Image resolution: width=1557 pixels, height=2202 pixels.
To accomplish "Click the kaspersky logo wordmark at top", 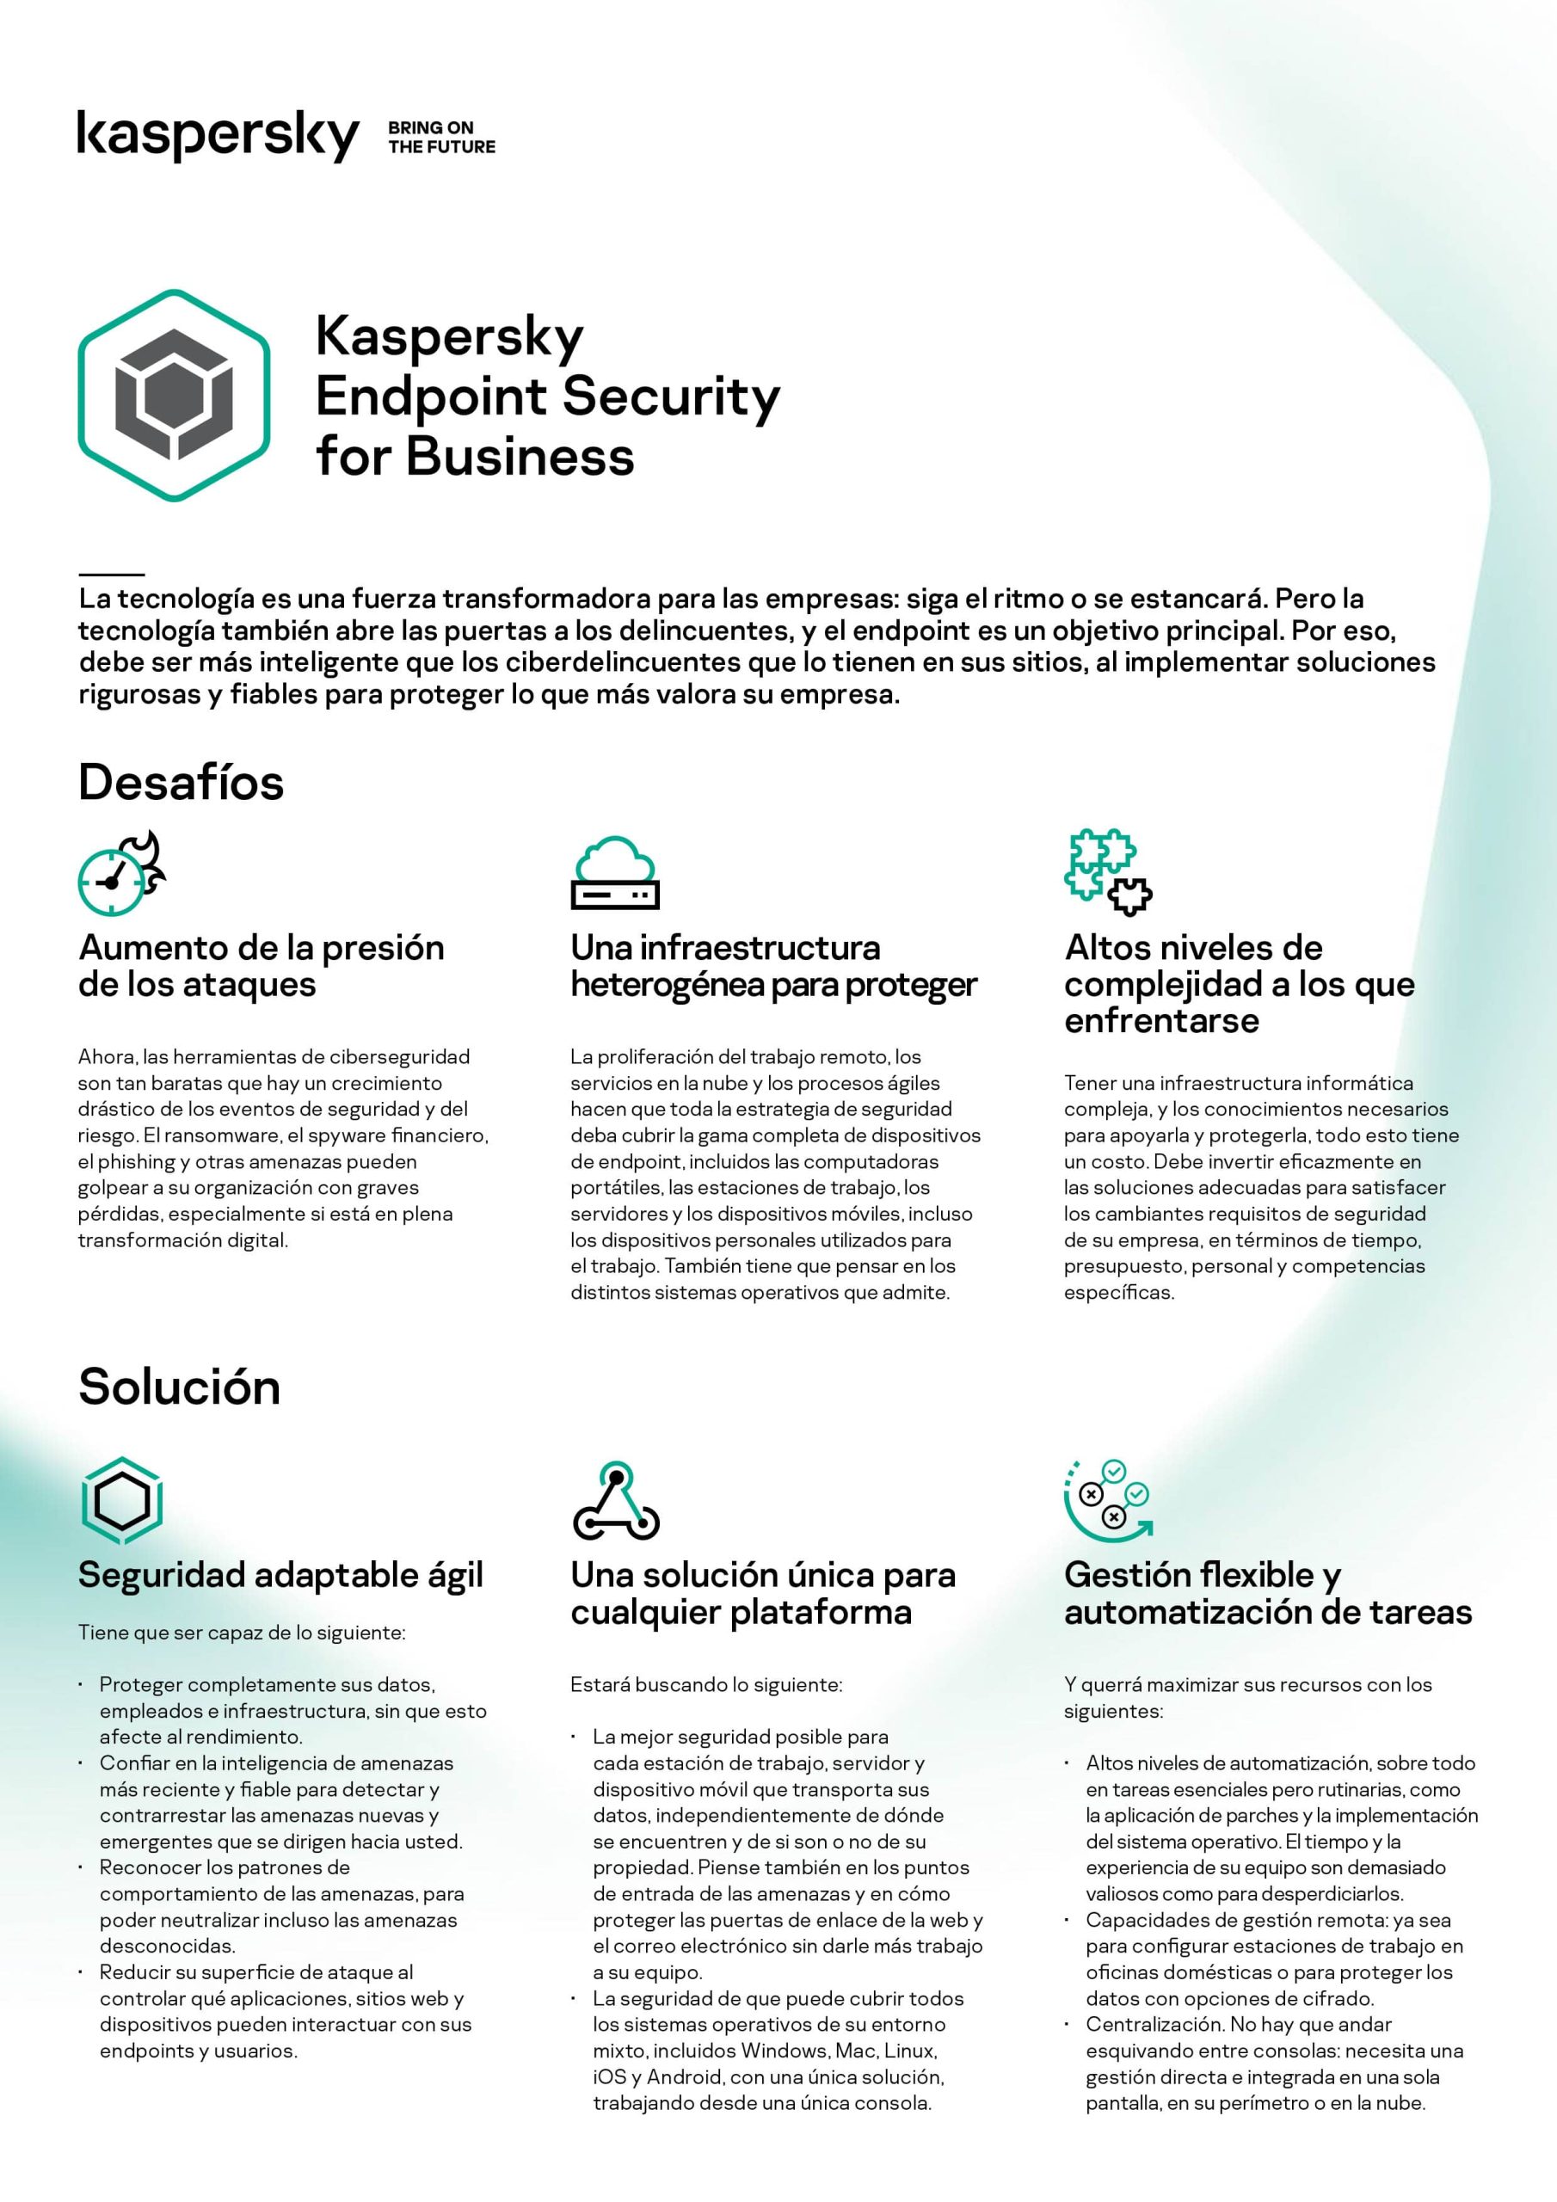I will [x=218, y=135].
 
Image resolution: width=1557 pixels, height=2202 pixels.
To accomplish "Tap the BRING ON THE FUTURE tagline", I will [x=441, y=137].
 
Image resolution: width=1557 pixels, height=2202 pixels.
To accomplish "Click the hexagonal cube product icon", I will [x=174, y=395].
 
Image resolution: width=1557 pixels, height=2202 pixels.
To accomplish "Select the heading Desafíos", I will [x=181, y=783].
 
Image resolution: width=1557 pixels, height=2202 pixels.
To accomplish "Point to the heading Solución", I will [x=180, y=1387].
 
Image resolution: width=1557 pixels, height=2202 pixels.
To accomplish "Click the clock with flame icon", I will [x=122, y=874].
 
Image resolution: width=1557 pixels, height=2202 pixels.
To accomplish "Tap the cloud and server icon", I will [x=615, y=873].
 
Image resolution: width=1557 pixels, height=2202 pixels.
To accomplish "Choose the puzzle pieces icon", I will [x=1108, y=870].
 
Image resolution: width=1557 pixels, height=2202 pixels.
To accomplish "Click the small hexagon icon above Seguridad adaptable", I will [x=122, y=1500].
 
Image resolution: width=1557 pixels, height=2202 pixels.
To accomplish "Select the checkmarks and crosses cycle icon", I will [x=1108, y=1499].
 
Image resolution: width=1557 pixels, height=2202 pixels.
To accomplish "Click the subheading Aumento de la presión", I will [x=261, y=948].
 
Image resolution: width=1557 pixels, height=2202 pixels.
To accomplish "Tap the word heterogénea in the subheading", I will [x=667, y=985].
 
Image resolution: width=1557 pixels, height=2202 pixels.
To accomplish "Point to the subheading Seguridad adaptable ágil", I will [x=280, y=1575].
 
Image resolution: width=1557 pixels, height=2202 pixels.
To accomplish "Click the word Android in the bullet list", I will [x=684, y=2077].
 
